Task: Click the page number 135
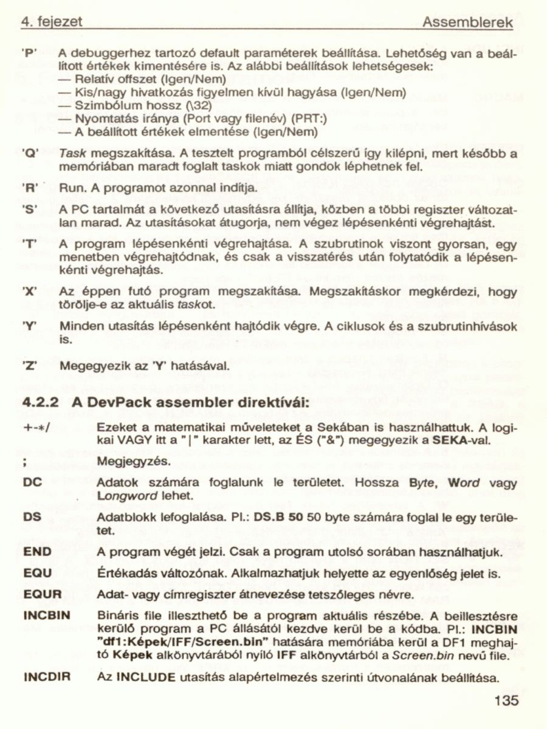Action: [506, 700]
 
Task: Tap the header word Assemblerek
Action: [467, 23]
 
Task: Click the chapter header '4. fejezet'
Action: [52, 23]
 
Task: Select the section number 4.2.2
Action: [40, 403]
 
